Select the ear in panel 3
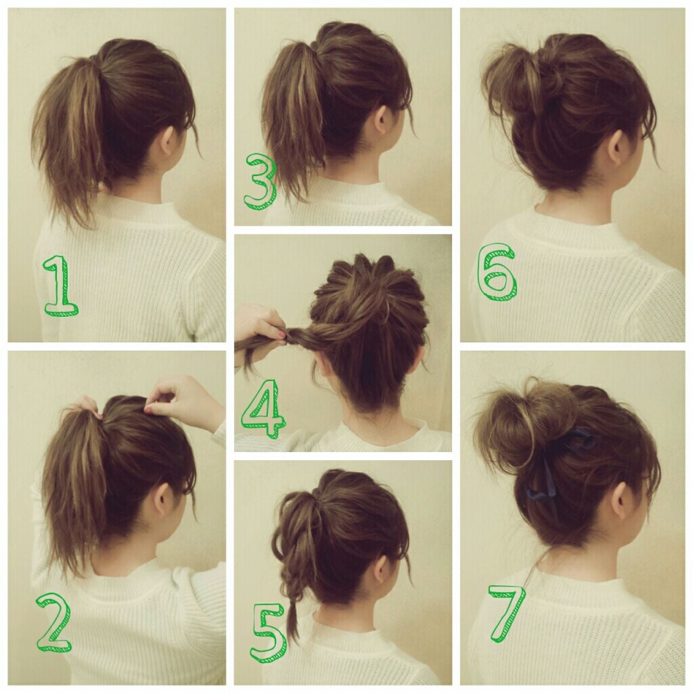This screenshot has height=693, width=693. click(x=382, y=120)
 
